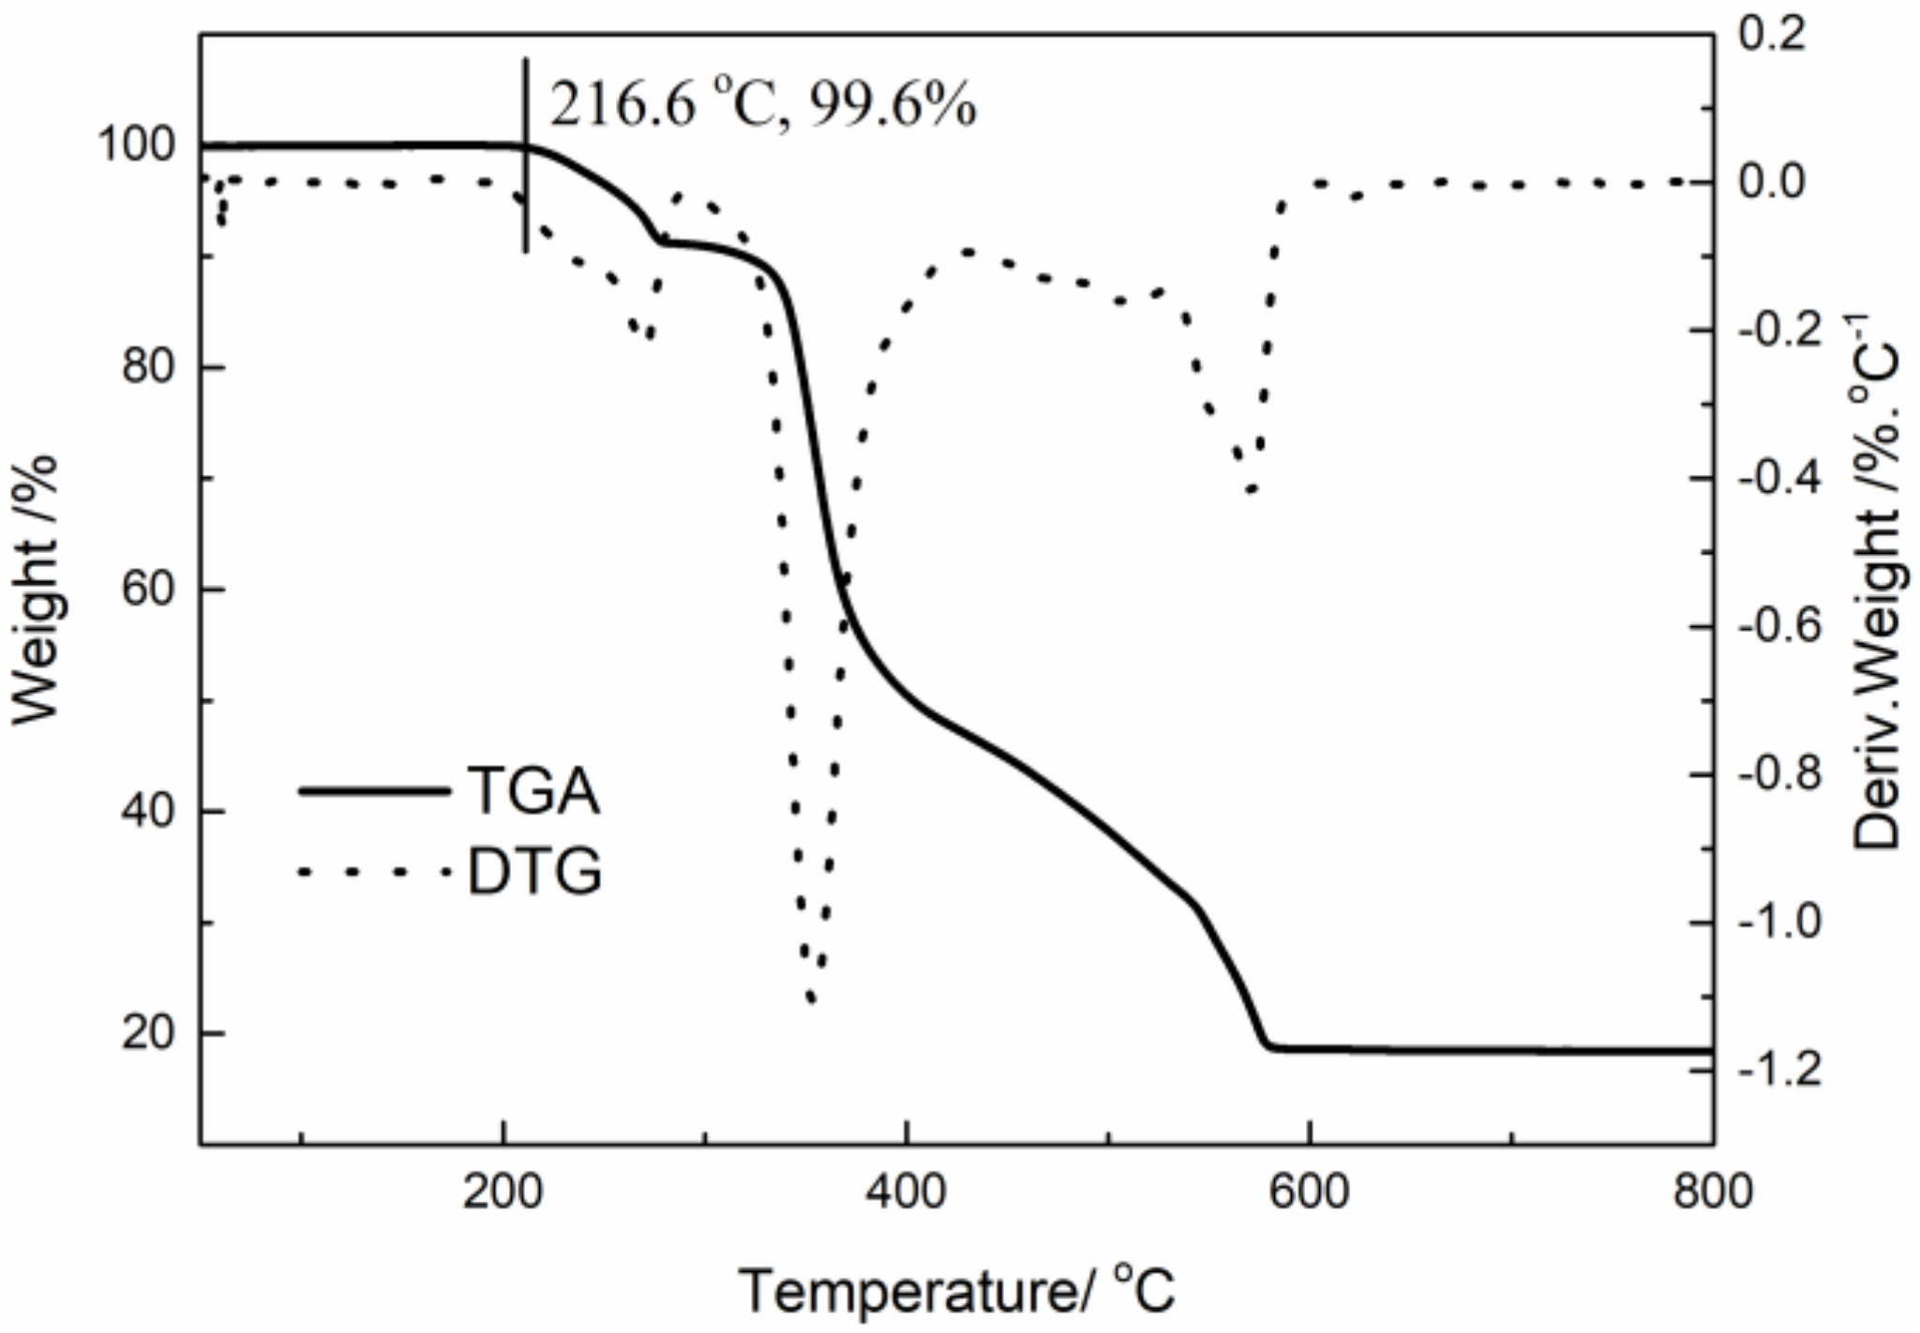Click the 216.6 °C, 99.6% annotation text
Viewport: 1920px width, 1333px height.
[762, 103]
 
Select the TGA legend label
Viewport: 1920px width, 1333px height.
[533, 790]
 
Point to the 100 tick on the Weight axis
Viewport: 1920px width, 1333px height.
[136, 145]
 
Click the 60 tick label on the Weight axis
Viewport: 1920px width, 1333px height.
[147, 589]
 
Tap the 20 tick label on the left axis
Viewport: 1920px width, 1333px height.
[147, 1033]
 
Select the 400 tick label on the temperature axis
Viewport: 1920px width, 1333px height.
[906, 1192]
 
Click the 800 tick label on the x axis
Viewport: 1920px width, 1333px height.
[1712, 1192]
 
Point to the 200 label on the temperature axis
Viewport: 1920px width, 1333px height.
[503, 1192]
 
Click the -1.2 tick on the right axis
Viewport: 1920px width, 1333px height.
[1779, 1069]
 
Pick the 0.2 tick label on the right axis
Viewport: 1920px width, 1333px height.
[1772, 35]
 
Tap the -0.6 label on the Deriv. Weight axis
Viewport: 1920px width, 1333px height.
[1779, 625]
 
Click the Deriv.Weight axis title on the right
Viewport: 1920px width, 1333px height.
[1878, 581]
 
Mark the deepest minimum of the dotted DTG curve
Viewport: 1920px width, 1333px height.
[812, 1000]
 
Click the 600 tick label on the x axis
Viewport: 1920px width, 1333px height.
[1309, 1192]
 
